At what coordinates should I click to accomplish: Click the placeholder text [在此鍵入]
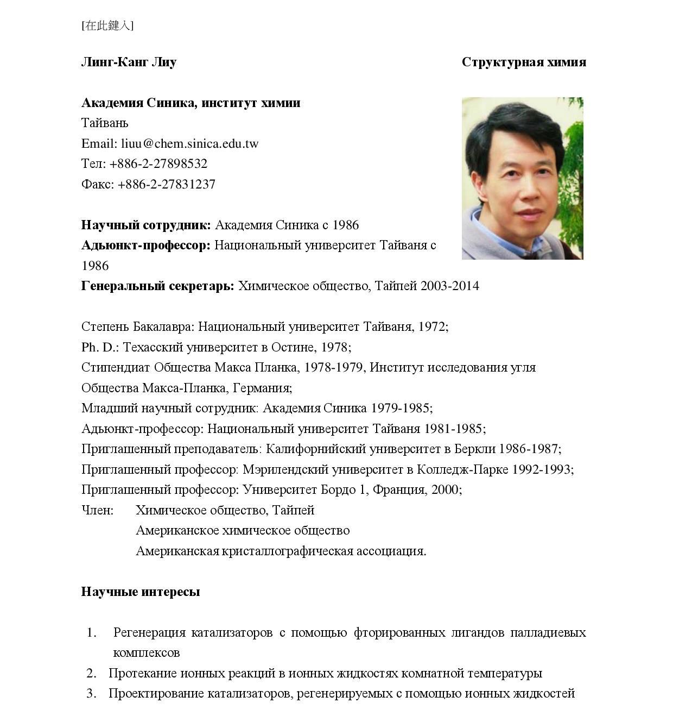point(107,26)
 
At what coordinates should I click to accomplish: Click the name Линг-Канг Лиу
point(129,62)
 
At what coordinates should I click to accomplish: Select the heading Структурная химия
point(524,62)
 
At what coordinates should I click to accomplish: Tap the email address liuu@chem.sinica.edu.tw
point(189,144)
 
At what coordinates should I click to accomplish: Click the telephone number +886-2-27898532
point(158,164)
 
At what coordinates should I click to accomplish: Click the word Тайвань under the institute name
point(105,123)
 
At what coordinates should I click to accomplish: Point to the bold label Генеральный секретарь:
point(157,286)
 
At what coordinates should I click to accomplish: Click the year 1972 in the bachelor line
point(430,327)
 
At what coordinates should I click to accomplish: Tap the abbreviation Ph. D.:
point(100,347)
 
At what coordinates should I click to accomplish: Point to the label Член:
point(97,511)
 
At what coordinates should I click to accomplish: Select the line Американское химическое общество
point(243,531)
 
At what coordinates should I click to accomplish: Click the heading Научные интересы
point(141,592)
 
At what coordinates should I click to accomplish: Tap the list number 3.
point(91,694)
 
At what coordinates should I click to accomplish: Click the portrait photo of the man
point(522,178)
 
